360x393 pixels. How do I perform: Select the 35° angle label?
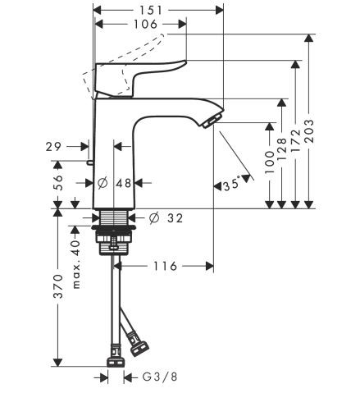point(231,185)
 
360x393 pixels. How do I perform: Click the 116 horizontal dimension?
point(165,267)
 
